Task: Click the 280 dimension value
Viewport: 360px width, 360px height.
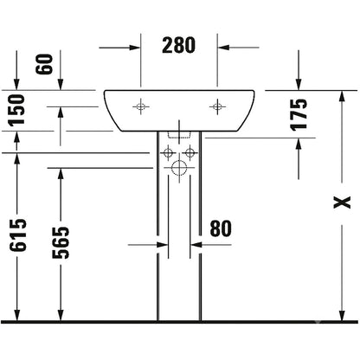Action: pos(178,46)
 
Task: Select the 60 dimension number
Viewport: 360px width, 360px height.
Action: pos(44,64)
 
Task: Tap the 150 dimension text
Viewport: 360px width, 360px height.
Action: pos(16,111)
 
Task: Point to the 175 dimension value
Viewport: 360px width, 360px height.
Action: pos(299,115)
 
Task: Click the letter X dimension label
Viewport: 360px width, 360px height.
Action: pos(342,202)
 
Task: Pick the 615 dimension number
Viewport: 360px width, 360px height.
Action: pos(18,235)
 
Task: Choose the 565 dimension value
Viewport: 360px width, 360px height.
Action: pos(61,242)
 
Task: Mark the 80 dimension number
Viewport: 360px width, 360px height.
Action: pos(221,228)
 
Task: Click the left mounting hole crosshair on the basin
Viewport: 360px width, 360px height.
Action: pos(141,106)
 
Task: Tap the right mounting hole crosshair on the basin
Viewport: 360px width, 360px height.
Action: pos(217,106)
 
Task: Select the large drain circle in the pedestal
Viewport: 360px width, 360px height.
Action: pos(179,168)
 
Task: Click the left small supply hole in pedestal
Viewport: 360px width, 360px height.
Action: pos(168,152)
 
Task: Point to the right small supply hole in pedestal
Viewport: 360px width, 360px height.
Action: pos(190,152)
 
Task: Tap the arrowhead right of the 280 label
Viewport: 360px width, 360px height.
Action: pos(223,48)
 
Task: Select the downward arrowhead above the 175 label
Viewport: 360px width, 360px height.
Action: pos(299,85)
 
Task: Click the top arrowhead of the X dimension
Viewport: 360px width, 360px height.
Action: pos(342,96)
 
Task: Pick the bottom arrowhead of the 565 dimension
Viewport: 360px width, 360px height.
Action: pos(61,315)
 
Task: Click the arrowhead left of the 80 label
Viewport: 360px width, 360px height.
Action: pos(163,245)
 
